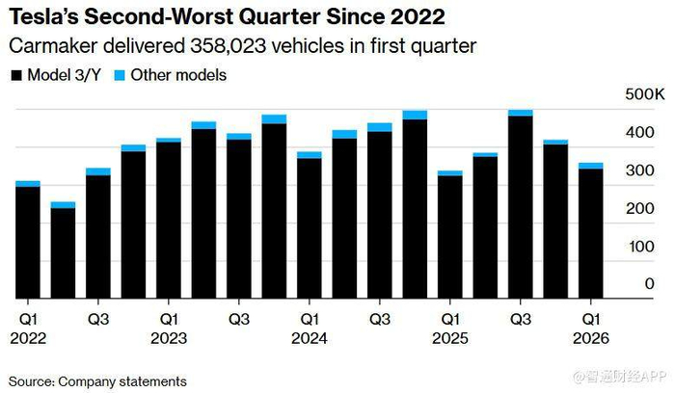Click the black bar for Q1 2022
28,243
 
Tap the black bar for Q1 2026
591,234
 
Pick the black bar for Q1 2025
450,237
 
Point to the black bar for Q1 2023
169,221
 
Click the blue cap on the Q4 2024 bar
415,115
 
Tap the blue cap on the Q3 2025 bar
521,113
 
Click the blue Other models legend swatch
121,74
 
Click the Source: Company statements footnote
97,380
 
